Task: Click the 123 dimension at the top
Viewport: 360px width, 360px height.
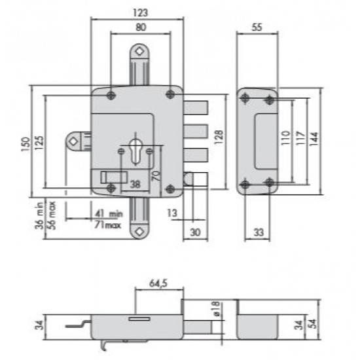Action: tap(140, 13)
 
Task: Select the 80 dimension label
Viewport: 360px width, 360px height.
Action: tap(141, 27)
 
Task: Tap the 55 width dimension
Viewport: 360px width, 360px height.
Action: tap(257, 27)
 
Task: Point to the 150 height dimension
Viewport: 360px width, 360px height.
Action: tap(26, 144)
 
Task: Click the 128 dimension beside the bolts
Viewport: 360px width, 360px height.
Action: tap(219, 137)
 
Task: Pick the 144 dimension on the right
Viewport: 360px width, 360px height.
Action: tap(314, 139)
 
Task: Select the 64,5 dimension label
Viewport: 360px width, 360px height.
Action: tap(158, 283)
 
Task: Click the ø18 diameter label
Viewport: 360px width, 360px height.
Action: tap(216, 309)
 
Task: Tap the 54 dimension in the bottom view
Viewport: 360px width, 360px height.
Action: tap(313, 324)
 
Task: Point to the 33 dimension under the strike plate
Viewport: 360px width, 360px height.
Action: tap(259, 232)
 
